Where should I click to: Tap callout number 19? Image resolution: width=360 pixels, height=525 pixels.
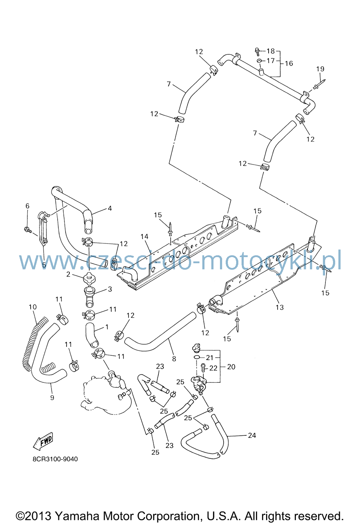click(320, 69)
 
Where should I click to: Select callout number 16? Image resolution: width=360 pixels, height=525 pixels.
click(289, 63)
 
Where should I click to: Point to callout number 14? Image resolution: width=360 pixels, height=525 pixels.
click(145, 237)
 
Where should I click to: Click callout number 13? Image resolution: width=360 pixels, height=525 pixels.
click(280, 307)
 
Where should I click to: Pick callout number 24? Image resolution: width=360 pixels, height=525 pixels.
click(252, 435)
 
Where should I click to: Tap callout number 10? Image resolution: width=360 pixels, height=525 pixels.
click(33, 307)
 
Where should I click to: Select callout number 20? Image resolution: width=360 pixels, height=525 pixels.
click(231, 367)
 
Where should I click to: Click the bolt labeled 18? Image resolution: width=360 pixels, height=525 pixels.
click(257, 51)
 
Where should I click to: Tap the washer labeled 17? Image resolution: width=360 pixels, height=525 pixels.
click(259, 61)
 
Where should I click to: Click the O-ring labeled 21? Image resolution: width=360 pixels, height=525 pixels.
click(197, 357)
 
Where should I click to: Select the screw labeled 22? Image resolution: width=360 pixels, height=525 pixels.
click(203, 368)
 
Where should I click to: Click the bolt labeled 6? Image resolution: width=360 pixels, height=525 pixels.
click(28, 230)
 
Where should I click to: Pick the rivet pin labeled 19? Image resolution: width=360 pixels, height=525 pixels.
click(320, 84)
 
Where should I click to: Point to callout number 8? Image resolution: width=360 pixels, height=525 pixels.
click(174, 359)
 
